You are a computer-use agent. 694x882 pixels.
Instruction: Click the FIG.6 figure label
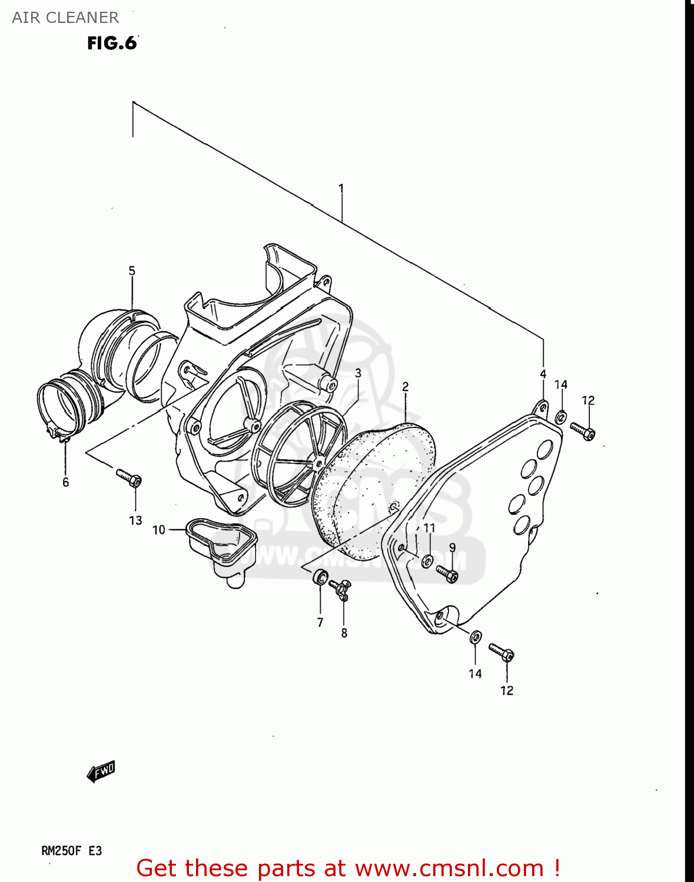click(112, 43)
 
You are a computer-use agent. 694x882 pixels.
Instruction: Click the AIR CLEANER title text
click(65, 18)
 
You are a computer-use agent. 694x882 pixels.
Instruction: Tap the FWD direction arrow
click(101, 771)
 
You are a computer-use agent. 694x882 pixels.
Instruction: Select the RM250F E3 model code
click(71, 851)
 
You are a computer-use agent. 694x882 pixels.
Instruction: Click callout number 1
click(341, 189)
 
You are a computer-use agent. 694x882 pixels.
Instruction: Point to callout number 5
click(132, 270)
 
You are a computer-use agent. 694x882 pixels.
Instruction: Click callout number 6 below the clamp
click(65, 482)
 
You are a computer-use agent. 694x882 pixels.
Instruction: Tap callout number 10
click(159, 530)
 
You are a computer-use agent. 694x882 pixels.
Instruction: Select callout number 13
click(136, 520)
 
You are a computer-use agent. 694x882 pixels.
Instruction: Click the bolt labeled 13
click(129, 477)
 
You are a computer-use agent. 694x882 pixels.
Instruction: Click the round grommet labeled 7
click(320, 577)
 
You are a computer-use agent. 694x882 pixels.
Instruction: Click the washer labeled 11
click(428, 560)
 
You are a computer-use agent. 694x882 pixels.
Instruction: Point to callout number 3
click(358, 373)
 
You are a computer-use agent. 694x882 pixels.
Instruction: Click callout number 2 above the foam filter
click(406, 386)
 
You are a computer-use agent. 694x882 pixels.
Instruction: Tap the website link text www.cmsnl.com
click(449, 868)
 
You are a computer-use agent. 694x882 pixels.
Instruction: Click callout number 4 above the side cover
click(543, 374)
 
